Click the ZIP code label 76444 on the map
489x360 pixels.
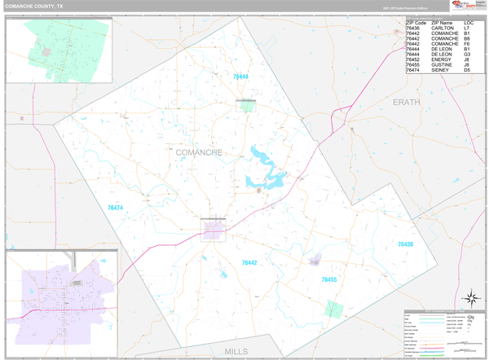coord(240,76)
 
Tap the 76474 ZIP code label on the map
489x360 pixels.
coord(115,208)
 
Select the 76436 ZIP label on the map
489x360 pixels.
coord(405,244)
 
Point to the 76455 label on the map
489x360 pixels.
coord(328,279)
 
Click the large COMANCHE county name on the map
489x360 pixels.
coord(199,152)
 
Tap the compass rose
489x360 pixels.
coord(469,297)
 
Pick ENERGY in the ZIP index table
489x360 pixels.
coord(443,59)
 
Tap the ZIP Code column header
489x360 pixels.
coord(416,22)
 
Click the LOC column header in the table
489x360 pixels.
coord(468,22)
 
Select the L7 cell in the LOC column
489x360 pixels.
coord(467,28)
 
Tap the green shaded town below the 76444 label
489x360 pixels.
coord(245,105)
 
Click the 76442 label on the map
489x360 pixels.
coord(249,262)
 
